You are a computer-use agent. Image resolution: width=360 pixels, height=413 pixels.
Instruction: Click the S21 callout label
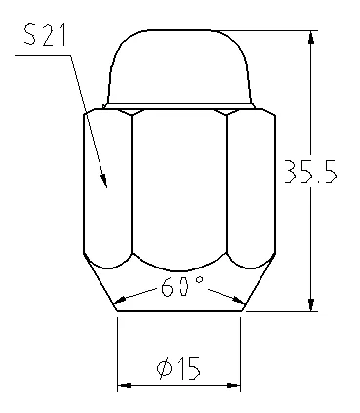click(x=45, y=35)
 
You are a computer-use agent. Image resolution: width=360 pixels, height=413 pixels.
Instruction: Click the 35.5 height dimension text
click(x=310, y=171)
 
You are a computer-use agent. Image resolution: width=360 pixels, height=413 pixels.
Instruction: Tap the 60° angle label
click(x=182, y=286)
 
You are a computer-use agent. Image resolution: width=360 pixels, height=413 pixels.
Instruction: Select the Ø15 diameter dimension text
click(x=179, y=368)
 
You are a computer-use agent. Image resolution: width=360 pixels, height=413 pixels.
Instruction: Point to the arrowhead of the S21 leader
click(x=104, y=182)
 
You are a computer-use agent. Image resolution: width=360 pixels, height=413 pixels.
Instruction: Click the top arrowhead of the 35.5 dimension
click(x=311, y=37)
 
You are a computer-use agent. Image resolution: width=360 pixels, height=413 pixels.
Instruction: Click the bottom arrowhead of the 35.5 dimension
click(x=311, y=305)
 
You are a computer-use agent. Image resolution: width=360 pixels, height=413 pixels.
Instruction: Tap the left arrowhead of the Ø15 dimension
click(x=124, y=386)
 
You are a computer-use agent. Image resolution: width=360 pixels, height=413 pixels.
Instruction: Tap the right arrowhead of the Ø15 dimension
click(x=233, y=386)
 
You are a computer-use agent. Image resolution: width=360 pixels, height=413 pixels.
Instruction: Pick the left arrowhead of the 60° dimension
click(x=122, y=299)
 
